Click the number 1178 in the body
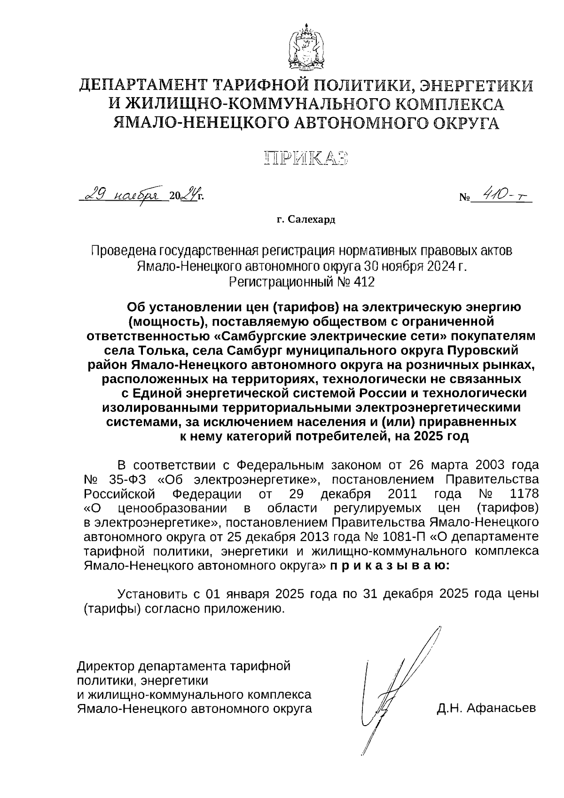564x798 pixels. click(524, 494)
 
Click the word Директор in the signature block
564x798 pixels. click(105, 665)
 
